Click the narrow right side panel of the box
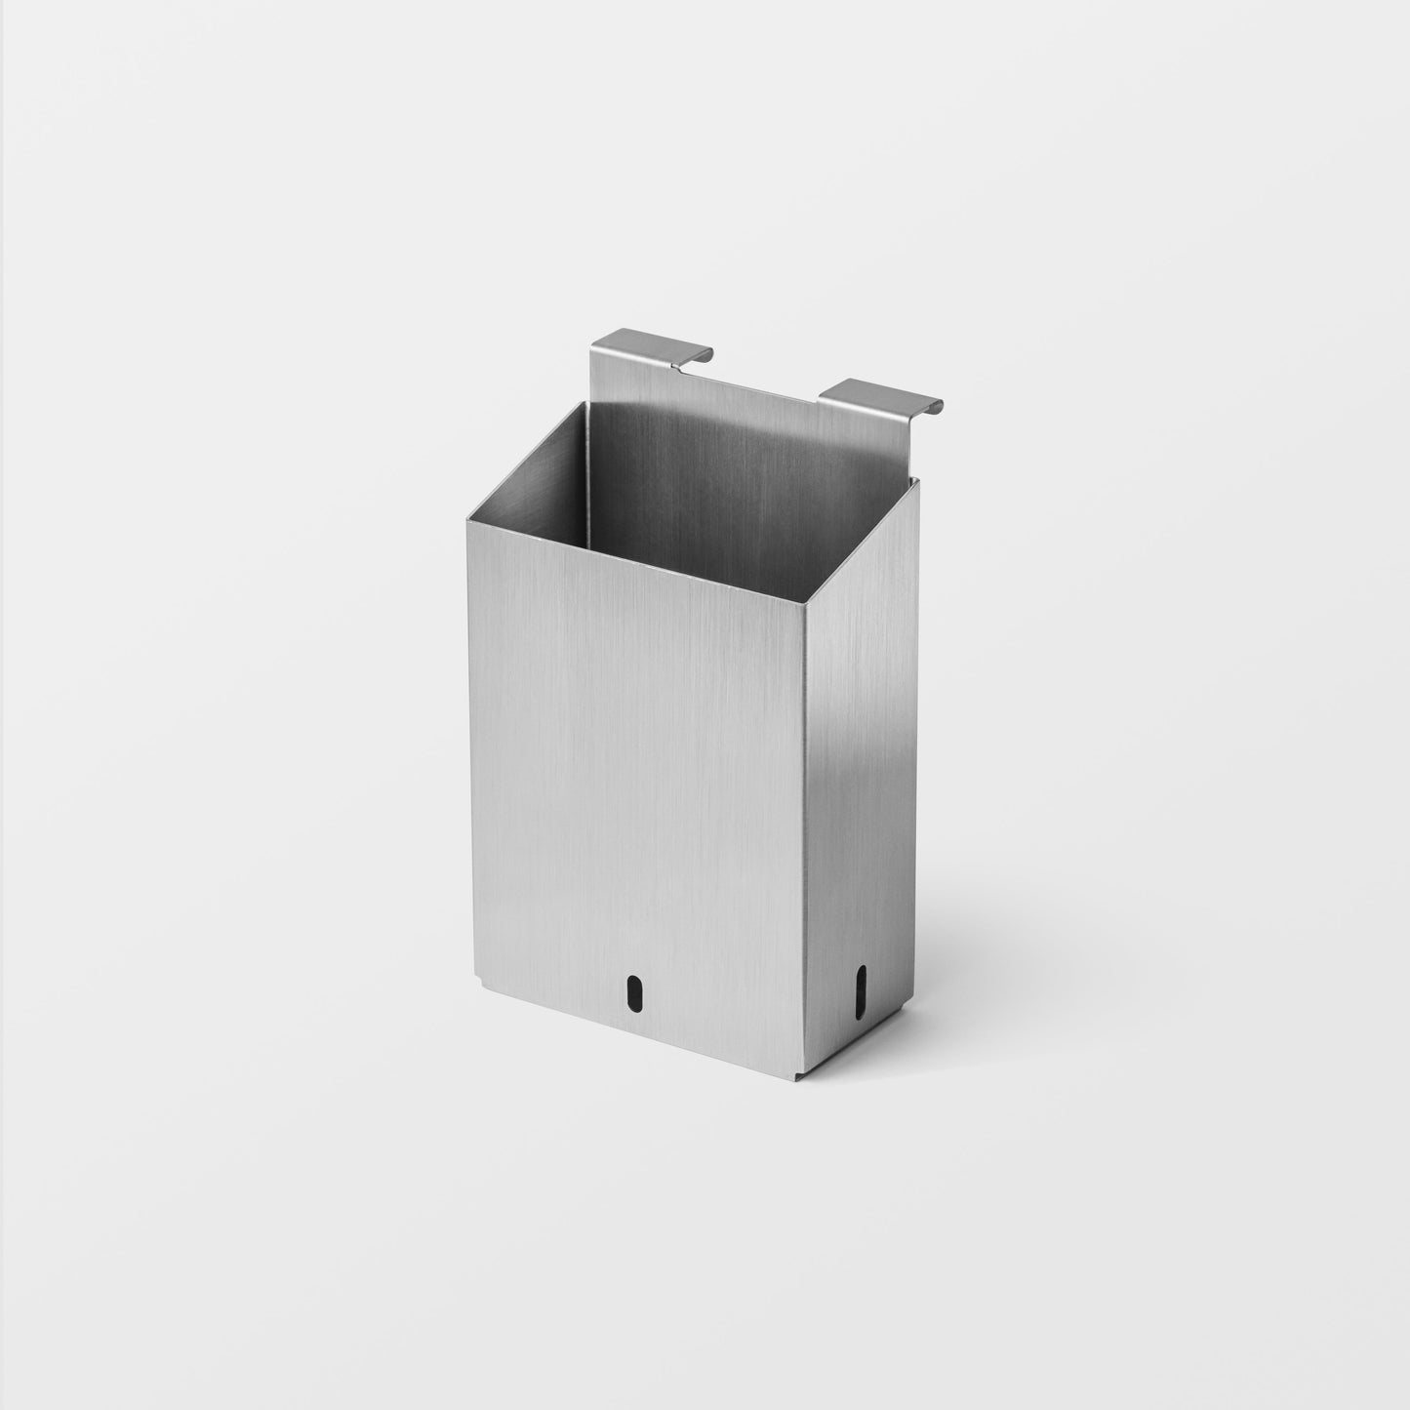pyautogui.click(x=859, y=781)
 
